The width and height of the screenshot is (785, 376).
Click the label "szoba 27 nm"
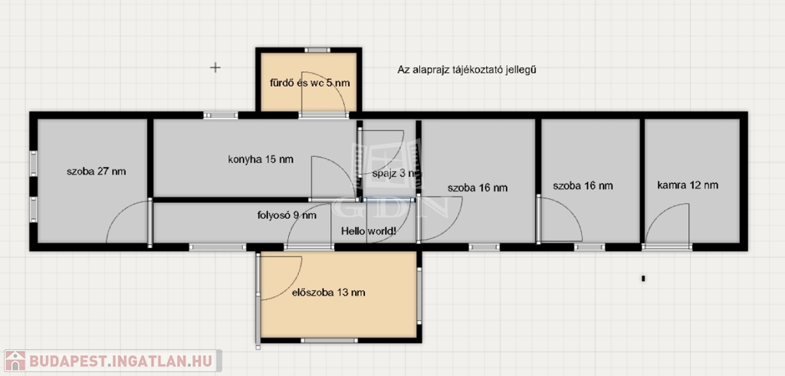click(96, 172)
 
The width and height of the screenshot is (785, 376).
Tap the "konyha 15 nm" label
click(261, 160)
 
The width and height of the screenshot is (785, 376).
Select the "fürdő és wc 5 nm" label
click(310, 83)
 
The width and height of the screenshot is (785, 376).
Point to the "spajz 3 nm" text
click(395, 174)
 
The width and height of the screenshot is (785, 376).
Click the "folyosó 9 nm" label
click(287, 215)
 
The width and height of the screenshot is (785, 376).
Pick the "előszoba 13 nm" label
click(328, 293)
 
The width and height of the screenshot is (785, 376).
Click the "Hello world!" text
click(369, 231)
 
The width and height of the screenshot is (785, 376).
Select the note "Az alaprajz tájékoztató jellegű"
click(467, 70)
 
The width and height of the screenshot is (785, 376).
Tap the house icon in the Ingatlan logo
click(15, 361)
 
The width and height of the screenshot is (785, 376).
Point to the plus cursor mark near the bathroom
click(215, 67)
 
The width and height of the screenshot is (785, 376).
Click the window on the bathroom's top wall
click(317, 50)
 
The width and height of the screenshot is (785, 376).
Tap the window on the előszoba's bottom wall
click(330, 341)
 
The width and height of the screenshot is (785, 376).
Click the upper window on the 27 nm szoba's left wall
click(34, 164)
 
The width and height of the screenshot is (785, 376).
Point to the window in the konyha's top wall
click(221, 115)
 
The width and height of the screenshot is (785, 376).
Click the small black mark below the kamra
click(643, 279)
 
